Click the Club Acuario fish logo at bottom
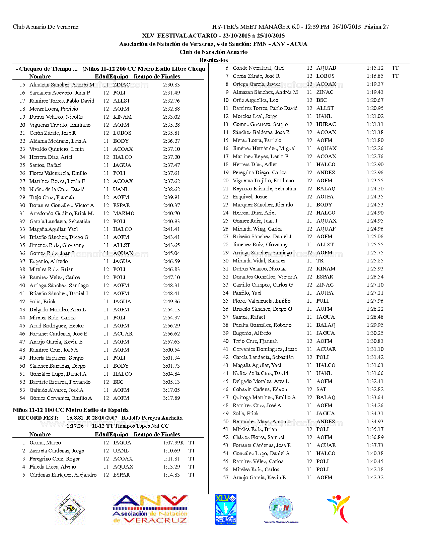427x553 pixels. click(70, 509)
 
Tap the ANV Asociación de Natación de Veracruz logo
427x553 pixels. click(150, 509)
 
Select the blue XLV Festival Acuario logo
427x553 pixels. click(226, 509)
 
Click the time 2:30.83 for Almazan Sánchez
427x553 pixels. click(171, 85)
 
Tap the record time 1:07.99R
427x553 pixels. click(173, 443)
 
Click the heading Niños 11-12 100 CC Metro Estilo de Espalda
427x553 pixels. click(71, 410)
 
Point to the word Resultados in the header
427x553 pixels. click(214, 60)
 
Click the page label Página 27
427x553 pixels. click(376, 27)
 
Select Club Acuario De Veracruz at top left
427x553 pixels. click(46, 27)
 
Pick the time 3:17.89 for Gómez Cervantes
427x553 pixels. click(171, 398)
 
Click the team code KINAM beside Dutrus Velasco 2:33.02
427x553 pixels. click(122, 117)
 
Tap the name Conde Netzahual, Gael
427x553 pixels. click(259, 68)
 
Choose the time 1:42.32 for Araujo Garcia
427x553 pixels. click(375, 478)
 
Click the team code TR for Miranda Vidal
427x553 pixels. click(320, 261)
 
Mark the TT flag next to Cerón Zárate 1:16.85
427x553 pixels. click(395, 76)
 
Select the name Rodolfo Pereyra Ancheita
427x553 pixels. click(152, 418)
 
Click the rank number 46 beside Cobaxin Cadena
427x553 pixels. click(226, 389)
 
